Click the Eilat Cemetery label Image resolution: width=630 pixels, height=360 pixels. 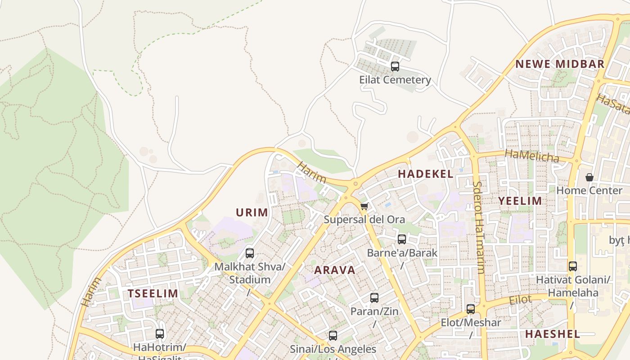tap(395, 80)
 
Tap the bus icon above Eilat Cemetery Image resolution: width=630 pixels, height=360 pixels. tap(395, 67)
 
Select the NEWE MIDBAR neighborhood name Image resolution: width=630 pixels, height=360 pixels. tap(560, 64)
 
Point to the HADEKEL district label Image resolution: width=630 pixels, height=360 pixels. tap(426, 174)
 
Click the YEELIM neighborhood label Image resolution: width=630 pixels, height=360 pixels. tap(520, 201)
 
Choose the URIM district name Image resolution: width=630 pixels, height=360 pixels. tap(252, 212)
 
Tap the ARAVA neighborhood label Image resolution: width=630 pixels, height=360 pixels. tap(334, 270)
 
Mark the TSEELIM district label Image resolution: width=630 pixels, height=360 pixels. tap(153, 294)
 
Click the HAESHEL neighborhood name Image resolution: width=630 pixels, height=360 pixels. tap(553, 334)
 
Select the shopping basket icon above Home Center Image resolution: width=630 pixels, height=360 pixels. tap(589, 177)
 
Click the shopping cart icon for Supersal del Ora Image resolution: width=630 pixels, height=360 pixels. tap(364, 207)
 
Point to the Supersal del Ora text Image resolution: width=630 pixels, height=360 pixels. tap(364, 220)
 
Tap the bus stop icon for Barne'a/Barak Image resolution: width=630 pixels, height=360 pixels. tap(402, 239)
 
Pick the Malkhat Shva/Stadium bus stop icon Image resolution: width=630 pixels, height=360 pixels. tap(249, 253)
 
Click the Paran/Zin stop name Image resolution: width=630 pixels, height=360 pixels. tap(374, 311)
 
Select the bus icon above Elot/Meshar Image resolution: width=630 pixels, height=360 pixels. tap(470, 309)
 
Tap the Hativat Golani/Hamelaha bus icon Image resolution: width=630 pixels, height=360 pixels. tap(572, 266)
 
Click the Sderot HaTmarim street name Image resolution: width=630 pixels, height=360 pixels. tap(478, 227)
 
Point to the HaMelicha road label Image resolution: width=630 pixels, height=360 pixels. tap(531, 156)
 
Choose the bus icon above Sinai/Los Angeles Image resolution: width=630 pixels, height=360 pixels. tap(333, 336)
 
